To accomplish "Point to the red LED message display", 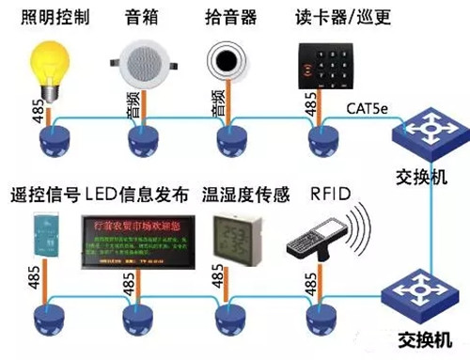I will pos(137,243).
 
